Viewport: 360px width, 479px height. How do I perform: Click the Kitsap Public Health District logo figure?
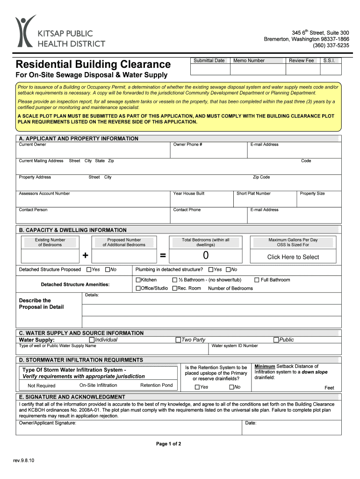pyautogui.click(x=25, y=30)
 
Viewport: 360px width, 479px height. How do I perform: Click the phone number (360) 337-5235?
pyautogui.click(x=331, y=45)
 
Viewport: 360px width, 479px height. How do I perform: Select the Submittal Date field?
pyautogui.click(x=209, y=69)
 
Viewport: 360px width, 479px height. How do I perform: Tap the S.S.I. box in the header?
pyautogui.click(x=331, y=69)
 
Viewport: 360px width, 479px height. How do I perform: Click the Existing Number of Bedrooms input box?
pyautogui.click(x=50, y=256)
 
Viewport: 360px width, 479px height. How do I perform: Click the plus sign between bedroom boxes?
pyautogui.click(x=85, y=255)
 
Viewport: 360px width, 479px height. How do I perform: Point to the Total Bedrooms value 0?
pyautogui.click(x=206, y=256)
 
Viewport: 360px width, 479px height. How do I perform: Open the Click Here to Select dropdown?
pyautogui.click(x=293, y=257)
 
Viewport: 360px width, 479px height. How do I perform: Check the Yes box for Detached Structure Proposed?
pyautogui.click(x=89, y=269)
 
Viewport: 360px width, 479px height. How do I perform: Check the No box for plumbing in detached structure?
pyautogui.click(x=229, y=269)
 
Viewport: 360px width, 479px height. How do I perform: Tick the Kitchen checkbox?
pyautogui.click(x=138, y=280)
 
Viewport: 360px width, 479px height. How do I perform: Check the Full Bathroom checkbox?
pyautogui.click(x=257, y=280)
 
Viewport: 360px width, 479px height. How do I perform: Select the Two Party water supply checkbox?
pyautogui.click(x=178, y=340)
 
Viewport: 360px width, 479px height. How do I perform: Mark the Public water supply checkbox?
pyautogui.click(x=276, y=340)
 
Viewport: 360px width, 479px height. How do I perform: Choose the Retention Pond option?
pyautogui.click(x=156, y=385)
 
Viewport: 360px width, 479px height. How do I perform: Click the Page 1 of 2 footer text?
pyautogui.click(x=168, y=444)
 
